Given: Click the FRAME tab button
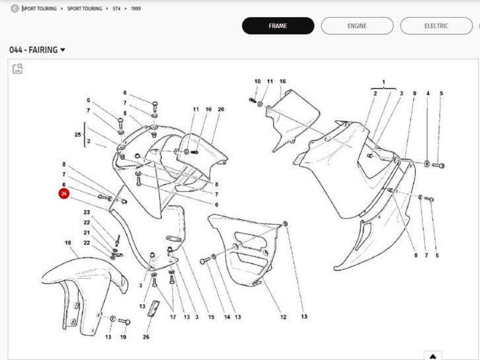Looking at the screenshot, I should (277, 26).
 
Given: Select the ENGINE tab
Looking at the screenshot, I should (357, 26).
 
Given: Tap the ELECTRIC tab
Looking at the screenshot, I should (436, 26).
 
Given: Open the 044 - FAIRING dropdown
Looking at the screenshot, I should (38, 50).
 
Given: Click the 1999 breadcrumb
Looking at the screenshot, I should (136, 9).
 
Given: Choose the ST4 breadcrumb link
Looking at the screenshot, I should (116, 9).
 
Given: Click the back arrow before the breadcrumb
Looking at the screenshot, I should (15, 9).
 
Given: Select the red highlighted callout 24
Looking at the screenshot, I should (64, 194).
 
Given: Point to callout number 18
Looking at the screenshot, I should (67, 243).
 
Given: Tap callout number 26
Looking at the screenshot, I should (146, 336).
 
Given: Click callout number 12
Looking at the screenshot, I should (282, 317).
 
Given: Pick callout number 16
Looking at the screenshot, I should (282, 81).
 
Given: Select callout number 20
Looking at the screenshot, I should (221, 109).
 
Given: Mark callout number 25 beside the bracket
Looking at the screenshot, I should (77, 134).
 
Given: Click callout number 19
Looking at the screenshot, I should (123, 337).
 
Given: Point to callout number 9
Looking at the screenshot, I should (415, 94).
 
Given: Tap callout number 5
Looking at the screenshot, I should (441, 94).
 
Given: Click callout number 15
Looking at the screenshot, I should (211, 317).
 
